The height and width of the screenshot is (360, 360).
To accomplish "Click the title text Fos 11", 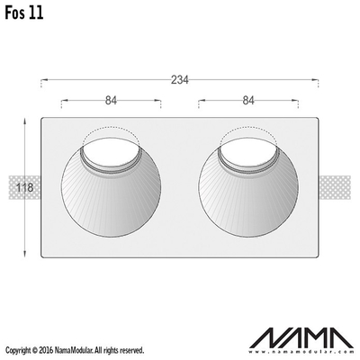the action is pyautogui.click(x=24, y=13).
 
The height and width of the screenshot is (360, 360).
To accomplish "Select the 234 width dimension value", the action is pyautogui.click(x=180, y=80).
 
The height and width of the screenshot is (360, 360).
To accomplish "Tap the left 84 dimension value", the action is pyautogui.click(x=111, y=101).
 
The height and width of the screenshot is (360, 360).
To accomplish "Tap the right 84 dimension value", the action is pyautogui.click(x=248, y=101).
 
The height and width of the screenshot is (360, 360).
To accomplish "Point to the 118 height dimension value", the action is pyautogui.click(x=24, y=188).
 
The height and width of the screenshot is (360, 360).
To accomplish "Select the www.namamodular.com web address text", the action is pyautogui.click(x=302, y=351).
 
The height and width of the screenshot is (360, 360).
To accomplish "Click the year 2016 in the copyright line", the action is pyautogui.click(x=47, y=350).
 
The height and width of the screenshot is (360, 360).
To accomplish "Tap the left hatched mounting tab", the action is pyautogui.click(x=24, y=188).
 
